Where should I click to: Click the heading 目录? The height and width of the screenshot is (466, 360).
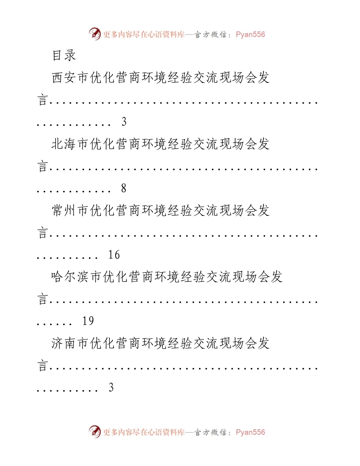[x=64, y=55]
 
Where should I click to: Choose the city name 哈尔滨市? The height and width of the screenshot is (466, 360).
[x=77, y=277]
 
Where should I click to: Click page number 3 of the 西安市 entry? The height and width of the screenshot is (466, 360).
[x=124, y=122]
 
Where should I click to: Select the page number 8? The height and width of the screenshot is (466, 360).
[x=124, y=188]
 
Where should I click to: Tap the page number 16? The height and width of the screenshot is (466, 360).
[x=114, y=255]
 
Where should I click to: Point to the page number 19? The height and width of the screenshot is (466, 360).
[x=88, y=321]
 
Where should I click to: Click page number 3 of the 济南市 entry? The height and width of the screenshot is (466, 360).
[x=111, y=387]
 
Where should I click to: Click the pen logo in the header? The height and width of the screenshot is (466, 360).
[x=95, y=34]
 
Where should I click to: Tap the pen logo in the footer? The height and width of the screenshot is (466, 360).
[x=95, y=432]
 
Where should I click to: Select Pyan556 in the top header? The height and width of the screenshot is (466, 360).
[x=250, y=34]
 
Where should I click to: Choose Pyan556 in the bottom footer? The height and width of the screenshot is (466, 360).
[x=250, y=432]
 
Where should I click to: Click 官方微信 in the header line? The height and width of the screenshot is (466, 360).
[x=210, y=34]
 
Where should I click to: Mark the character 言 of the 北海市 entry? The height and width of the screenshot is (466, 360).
[x=42, y=166]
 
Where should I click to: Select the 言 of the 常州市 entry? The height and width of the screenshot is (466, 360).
[x=42, y=232]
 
